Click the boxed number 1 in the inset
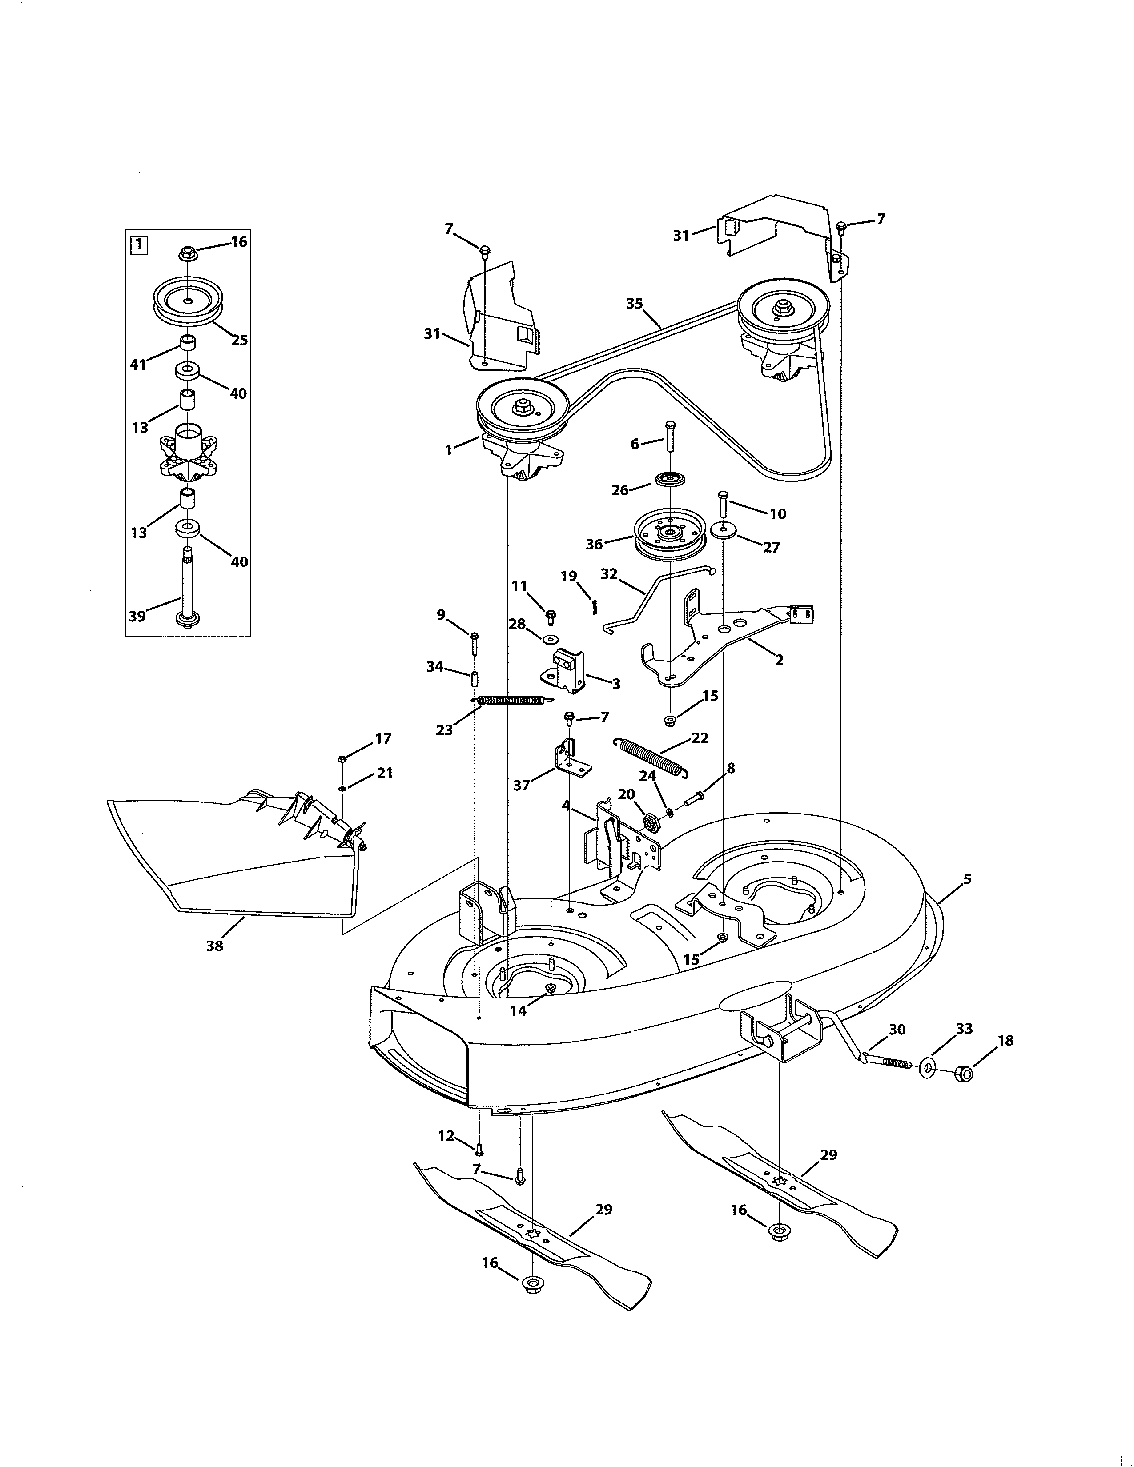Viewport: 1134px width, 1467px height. (x=138, y=244)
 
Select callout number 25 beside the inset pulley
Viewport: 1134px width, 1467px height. (x=239, y=340)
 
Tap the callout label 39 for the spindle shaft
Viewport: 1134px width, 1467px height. (x=137, y=616)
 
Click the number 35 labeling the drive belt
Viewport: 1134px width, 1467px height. (x=634, y=304)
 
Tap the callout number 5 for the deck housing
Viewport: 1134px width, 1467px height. (x=967, y=878)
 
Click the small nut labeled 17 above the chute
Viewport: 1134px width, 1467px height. (x=342, y=758)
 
